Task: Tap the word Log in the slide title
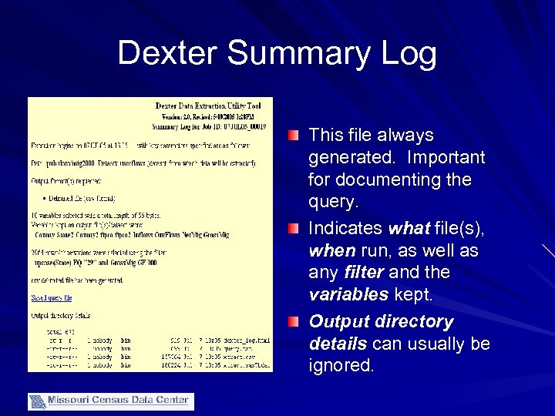[x=408, y=54]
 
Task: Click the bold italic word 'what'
[x=408, y=228]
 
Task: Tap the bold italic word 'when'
[x=331, y=251]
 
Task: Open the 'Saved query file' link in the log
[x=52, y=297]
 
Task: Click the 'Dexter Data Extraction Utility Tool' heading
[x=208, y=106]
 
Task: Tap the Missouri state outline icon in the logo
[x=37, y=401]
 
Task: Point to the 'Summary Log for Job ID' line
[x=209, y=126]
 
